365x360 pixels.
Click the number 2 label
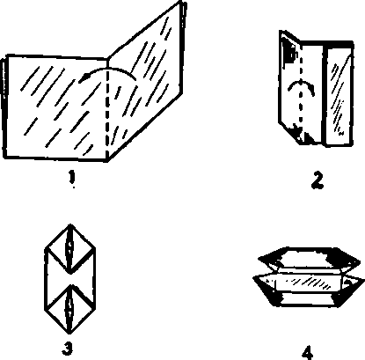(x=318, y=180)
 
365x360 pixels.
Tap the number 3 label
(x=67, y=349)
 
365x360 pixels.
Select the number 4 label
(x=307, y=353)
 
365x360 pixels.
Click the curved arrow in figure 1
(x=107, y=69)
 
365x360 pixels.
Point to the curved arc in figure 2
(x=301, y=84)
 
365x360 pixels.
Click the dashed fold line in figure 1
(x=107, y=112)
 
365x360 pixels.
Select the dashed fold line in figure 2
(x=301, y=88)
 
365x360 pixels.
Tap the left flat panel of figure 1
(x=55, y=107)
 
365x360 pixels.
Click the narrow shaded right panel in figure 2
(x=339, y=94)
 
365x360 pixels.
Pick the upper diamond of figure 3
(x=70, y=249)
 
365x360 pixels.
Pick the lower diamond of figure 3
(x=70, y=309)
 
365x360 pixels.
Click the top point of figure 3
(x=70, y=225)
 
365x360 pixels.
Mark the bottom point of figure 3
(x=69, y=334)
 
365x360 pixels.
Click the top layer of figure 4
(x=309, y=258)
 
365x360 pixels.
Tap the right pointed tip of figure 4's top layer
(x=360, y=261)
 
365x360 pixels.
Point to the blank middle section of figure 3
(x=70, y=279)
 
